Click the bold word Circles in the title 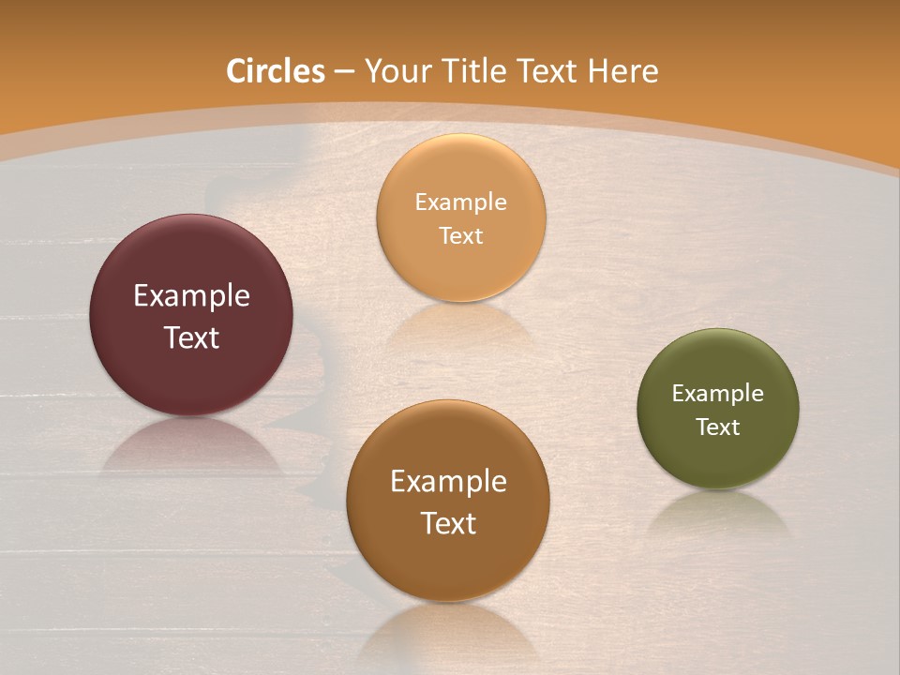click(x=276, y=71)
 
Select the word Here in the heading click(x=623, y=71)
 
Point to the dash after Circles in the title click(x=344, y=72)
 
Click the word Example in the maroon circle click(x=191, y=296)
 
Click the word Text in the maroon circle click(x=191, y=337)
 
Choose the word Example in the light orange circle click(x=461, y=202)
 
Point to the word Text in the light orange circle click(x=461, y=235)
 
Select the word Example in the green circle click(x=718, y=394)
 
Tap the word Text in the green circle click(x=718, y=427)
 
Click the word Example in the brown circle click(x=448, y=482)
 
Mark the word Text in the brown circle click(x=448, y=523)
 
